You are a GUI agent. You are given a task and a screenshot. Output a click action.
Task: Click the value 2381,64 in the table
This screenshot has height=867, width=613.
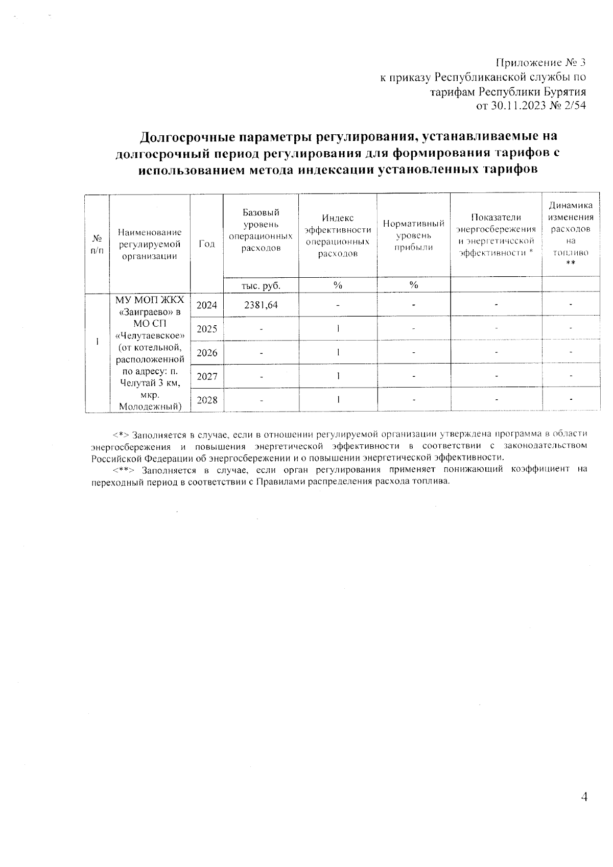coord(261,305)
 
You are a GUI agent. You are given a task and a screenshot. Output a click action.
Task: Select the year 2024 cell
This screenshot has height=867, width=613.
coord(206,305)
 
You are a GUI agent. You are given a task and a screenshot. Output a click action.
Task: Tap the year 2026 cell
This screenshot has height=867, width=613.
coord(206,353)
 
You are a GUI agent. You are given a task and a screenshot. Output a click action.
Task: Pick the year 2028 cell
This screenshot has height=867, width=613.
coord(206,400)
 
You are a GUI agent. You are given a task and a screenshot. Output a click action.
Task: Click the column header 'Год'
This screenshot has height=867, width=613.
coord(206,244)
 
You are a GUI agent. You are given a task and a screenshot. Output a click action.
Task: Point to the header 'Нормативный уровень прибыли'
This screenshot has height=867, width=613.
coord(413,235)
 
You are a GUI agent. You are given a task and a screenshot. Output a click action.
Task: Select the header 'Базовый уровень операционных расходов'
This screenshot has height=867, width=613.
coord(261,230)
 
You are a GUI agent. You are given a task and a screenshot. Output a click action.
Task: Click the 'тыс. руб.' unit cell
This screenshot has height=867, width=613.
coord(261,285)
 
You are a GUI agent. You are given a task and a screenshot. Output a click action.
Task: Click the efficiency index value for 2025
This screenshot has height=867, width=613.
coord(338,329)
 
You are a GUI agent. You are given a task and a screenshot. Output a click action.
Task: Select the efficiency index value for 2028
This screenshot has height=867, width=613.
coord(338,400)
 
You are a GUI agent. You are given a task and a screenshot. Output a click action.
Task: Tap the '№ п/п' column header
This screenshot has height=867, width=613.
coord(97,244)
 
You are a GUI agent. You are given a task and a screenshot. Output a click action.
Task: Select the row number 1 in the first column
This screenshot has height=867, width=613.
coord(97,341)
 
